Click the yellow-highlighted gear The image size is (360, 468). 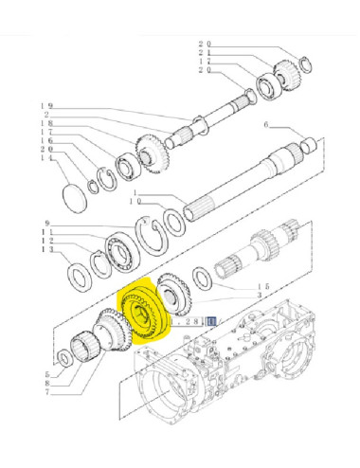tap(140, 312)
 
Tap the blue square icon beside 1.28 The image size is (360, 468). tap(213, 322)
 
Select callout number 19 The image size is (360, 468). tap(45, 106)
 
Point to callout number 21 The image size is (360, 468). tap(204, 55)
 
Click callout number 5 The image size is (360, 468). tap(45, 373)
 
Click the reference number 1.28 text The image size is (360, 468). tap(195, 322)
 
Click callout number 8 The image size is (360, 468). tap(45, 383)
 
